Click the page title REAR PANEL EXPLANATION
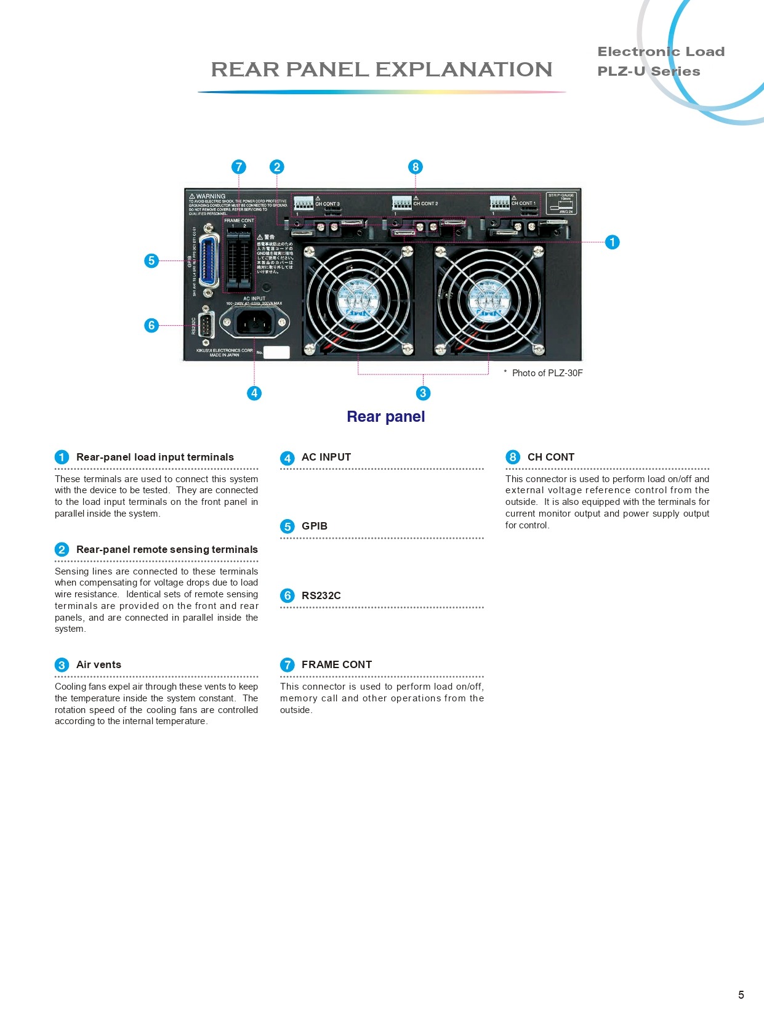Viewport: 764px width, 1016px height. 382,70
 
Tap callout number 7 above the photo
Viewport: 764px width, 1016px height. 238,167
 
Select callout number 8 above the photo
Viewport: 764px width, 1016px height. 416,167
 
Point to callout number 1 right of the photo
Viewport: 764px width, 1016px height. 612,242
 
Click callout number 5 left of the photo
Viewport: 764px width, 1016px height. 151,260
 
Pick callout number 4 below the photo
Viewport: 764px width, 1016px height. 254,393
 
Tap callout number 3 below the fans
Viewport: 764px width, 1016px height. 423,393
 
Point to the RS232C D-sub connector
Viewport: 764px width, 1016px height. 206,325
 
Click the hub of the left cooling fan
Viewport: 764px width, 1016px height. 358,300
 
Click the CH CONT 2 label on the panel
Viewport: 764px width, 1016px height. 425,204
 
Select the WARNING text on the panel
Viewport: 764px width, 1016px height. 211,196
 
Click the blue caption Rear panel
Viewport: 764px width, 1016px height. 386,417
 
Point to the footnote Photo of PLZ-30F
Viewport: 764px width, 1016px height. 547,373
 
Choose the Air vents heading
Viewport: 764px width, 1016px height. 99,664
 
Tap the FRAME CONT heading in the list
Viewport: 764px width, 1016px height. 336,664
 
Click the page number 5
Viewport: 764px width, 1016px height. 741,994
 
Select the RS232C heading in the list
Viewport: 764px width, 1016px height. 321,595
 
